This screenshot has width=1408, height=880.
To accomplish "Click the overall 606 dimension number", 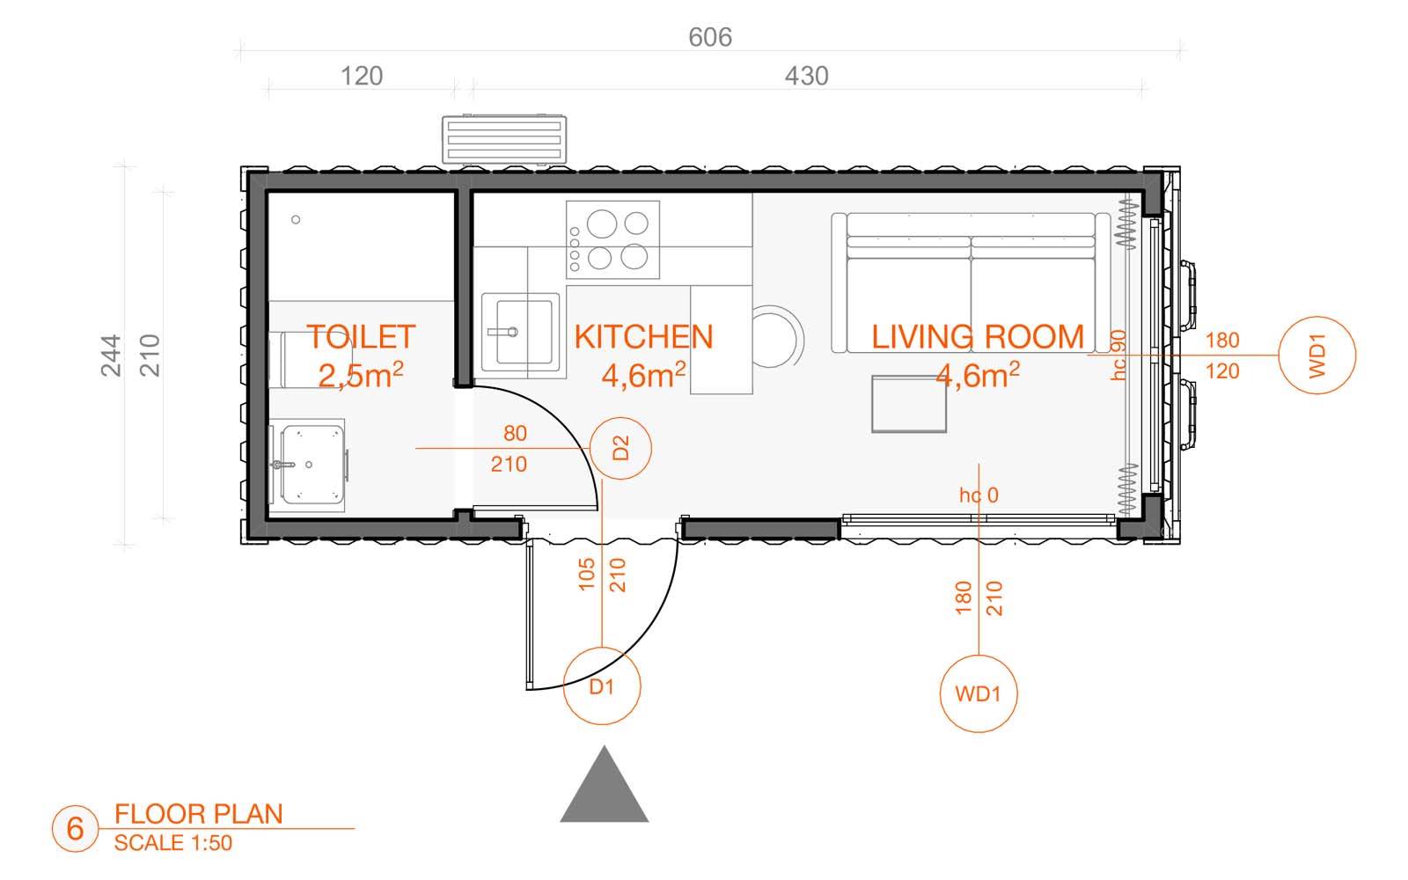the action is point(709,37).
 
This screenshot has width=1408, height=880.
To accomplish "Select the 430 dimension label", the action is point(806,76).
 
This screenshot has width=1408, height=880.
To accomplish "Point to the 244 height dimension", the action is point(111,356).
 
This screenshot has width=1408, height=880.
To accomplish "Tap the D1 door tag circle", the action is point(602,686).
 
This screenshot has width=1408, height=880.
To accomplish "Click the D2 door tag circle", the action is point(620,448).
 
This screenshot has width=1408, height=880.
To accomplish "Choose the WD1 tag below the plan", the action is point(978,693).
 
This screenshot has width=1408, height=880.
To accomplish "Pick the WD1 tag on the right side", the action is point(1316,356).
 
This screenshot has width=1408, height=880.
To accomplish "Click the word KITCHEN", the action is point(643,337).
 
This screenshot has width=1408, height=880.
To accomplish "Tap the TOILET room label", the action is point(361,337).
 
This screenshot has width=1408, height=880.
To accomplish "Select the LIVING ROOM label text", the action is point(978,337).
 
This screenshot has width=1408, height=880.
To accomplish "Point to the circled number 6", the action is point(76,828).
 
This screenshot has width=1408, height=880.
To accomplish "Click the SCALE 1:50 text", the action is point(172,843).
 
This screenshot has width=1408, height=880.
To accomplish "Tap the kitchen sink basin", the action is point(520,331).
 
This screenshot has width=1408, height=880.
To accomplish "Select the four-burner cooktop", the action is point(612,239).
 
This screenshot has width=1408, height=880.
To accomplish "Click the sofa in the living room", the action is point(971,282).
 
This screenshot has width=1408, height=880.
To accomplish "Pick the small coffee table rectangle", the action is point(909,404).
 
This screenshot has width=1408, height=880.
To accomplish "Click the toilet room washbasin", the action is point(309,465).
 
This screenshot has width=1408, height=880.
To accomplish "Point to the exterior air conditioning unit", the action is point(504,140).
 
